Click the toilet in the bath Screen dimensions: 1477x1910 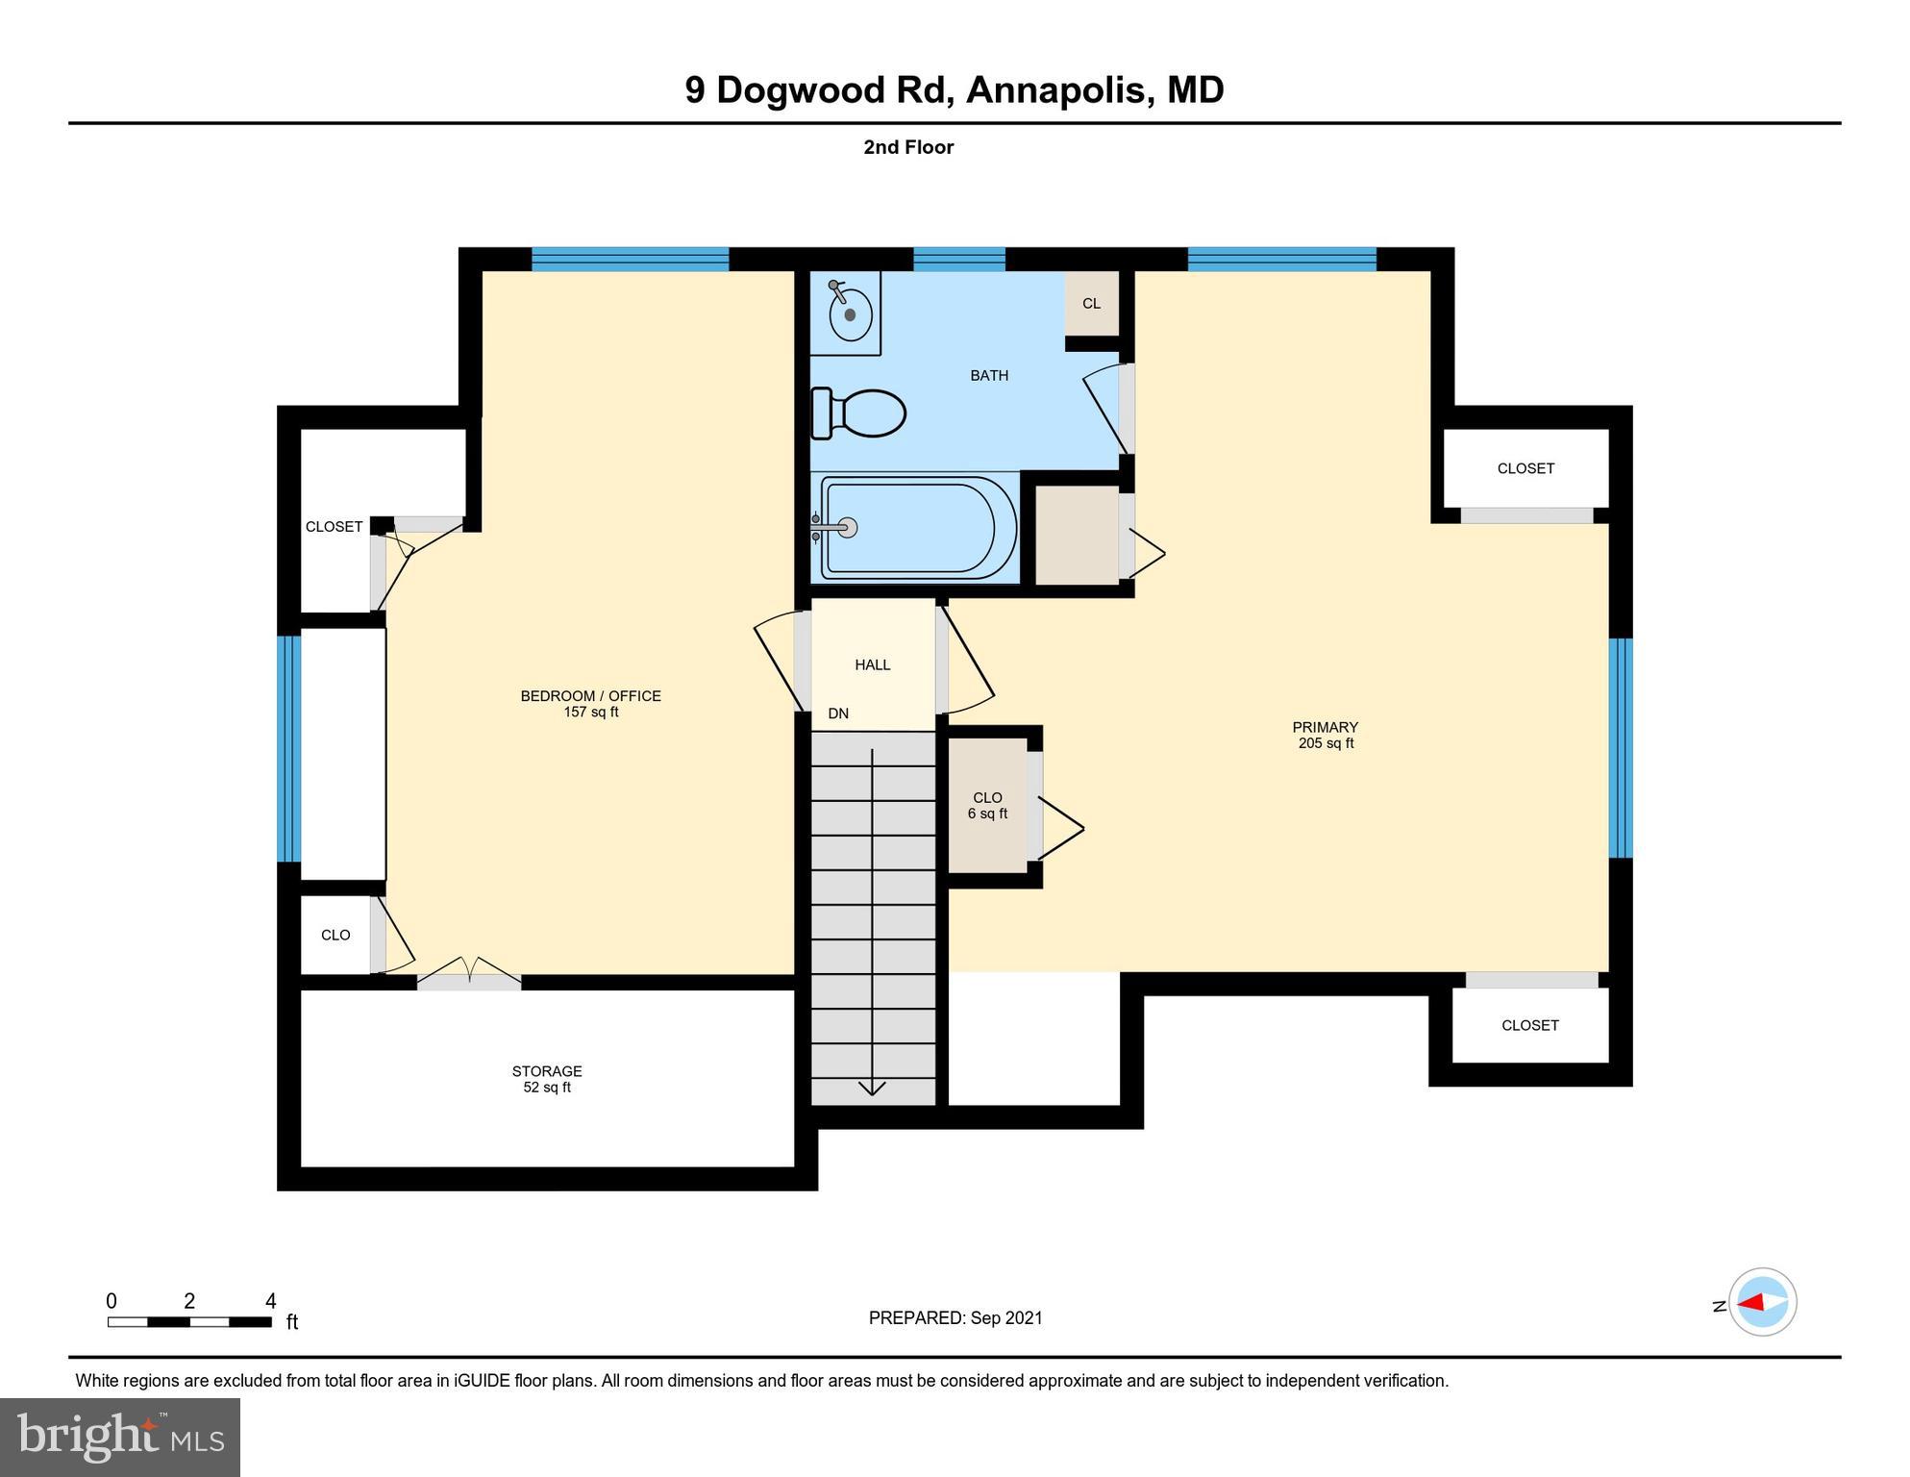click(x=859, y=413)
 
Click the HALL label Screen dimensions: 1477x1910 click(x=872, y=665)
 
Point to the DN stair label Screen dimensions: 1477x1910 click(x=838, y=713)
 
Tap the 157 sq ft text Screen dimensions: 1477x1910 click(x=590, y=713)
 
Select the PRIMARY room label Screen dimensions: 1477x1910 click(x=1325, y=727)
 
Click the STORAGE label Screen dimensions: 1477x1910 click(x=546, y=1071)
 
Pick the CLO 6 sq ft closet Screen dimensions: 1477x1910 click(x=987, y=806)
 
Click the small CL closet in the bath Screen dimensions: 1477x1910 click(x=1091, y=304)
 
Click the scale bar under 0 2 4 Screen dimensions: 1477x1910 click(x=189, y=1322)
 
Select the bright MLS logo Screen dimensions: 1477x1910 click(x=120, y=1437)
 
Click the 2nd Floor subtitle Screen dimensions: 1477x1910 click(x=907, y=147)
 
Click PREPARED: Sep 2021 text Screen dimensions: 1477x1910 click(x=955, y=1318)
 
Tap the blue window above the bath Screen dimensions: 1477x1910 click(x=958, y=259)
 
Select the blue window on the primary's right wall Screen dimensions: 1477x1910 click(x=1620, y=748)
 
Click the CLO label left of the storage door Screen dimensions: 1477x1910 click(x=335, y=936)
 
